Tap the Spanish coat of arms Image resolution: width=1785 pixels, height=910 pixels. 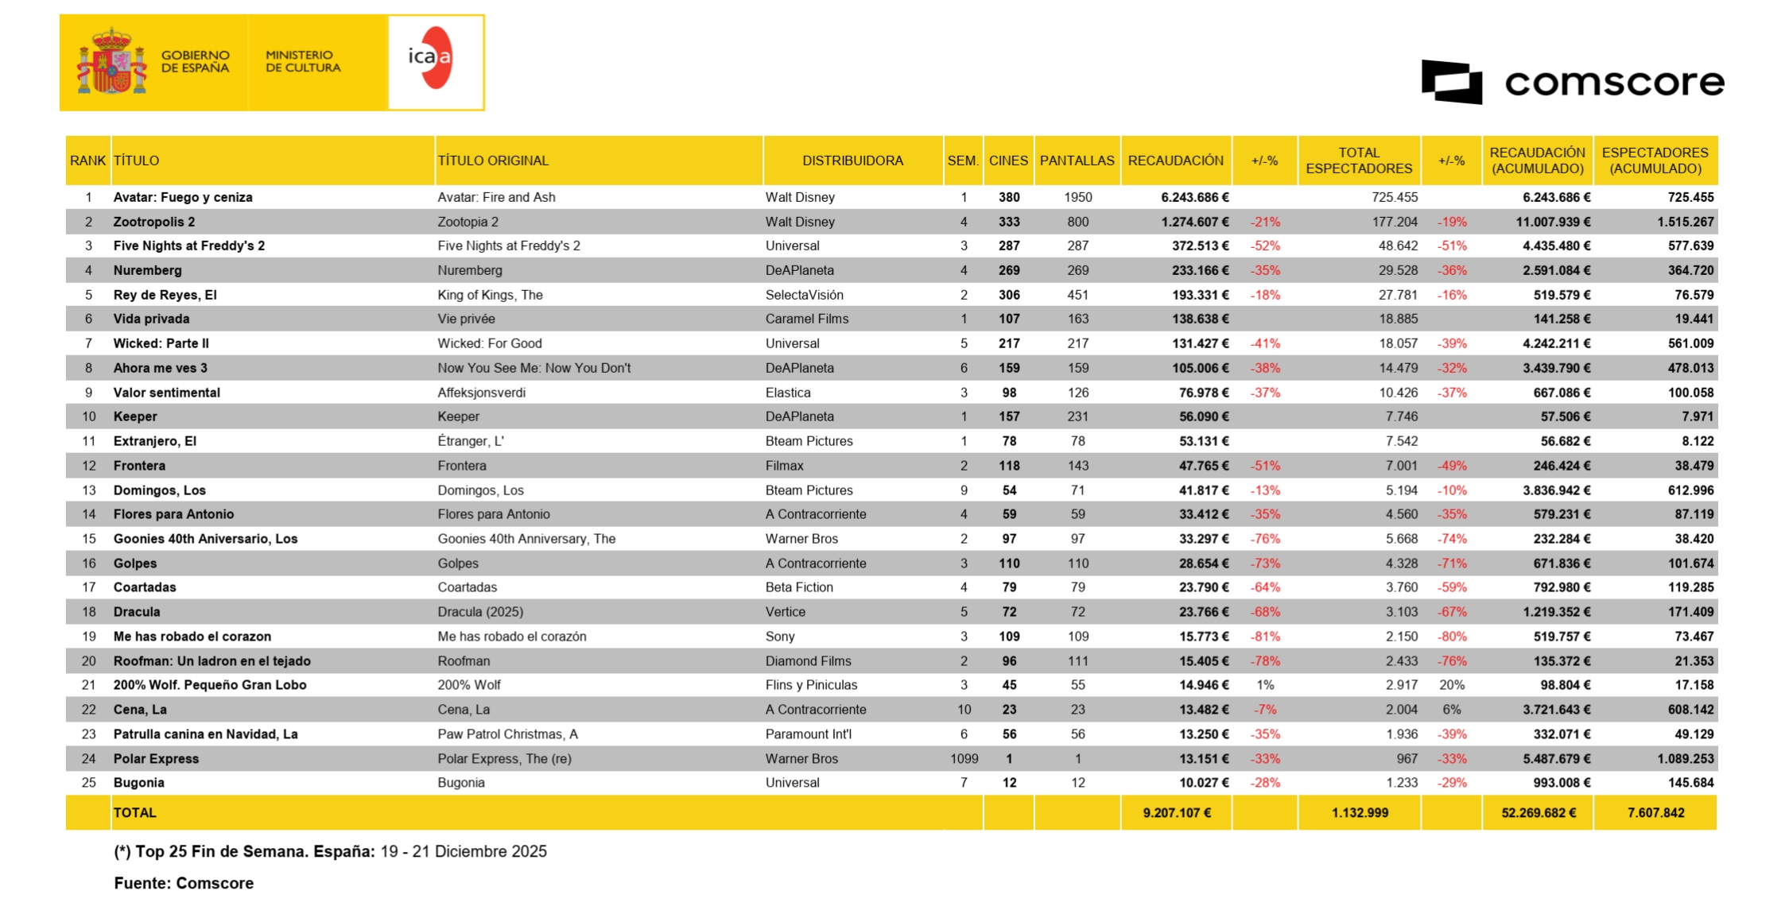112,62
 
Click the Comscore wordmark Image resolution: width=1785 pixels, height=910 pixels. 1614,83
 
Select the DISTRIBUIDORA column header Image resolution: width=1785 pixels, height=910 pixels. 852,161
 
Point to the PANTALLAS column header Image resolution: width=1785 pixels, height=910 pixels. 1077,161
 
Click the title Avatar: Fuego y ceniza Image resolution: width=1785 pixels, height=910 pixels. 183,197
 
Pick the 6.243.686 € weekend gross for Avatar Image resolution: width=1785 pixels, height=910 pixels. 1194,197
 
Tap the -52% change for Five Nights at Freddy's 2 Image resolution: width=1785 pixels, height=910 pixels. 1265,246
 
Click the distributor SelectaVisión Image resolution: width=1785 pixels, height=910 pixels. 804,295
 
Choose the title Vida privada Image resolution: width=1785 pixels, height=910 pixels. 151,319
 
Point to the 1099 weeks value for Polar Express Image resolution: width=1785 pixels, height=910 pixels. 964,759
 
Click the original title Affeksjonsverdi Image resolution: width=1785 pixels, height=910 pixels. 481,393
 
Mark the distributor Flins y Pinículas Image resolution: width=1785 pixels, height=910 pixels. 811,685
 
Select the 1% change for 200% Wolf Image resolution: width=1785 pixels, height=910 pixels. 1265,685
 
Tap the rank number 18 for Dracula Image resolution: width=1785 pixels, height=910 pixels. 88,612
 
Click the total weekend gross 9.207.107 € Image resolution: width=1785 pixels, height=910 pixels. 1177,813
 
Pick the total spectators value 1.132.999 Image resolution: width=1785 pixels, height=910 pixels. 1360,813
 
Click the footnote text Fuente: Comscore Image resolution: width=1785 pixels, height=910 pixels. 184,883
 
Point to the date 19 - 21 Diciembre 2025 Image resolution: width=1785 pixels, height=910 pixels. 464,852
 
